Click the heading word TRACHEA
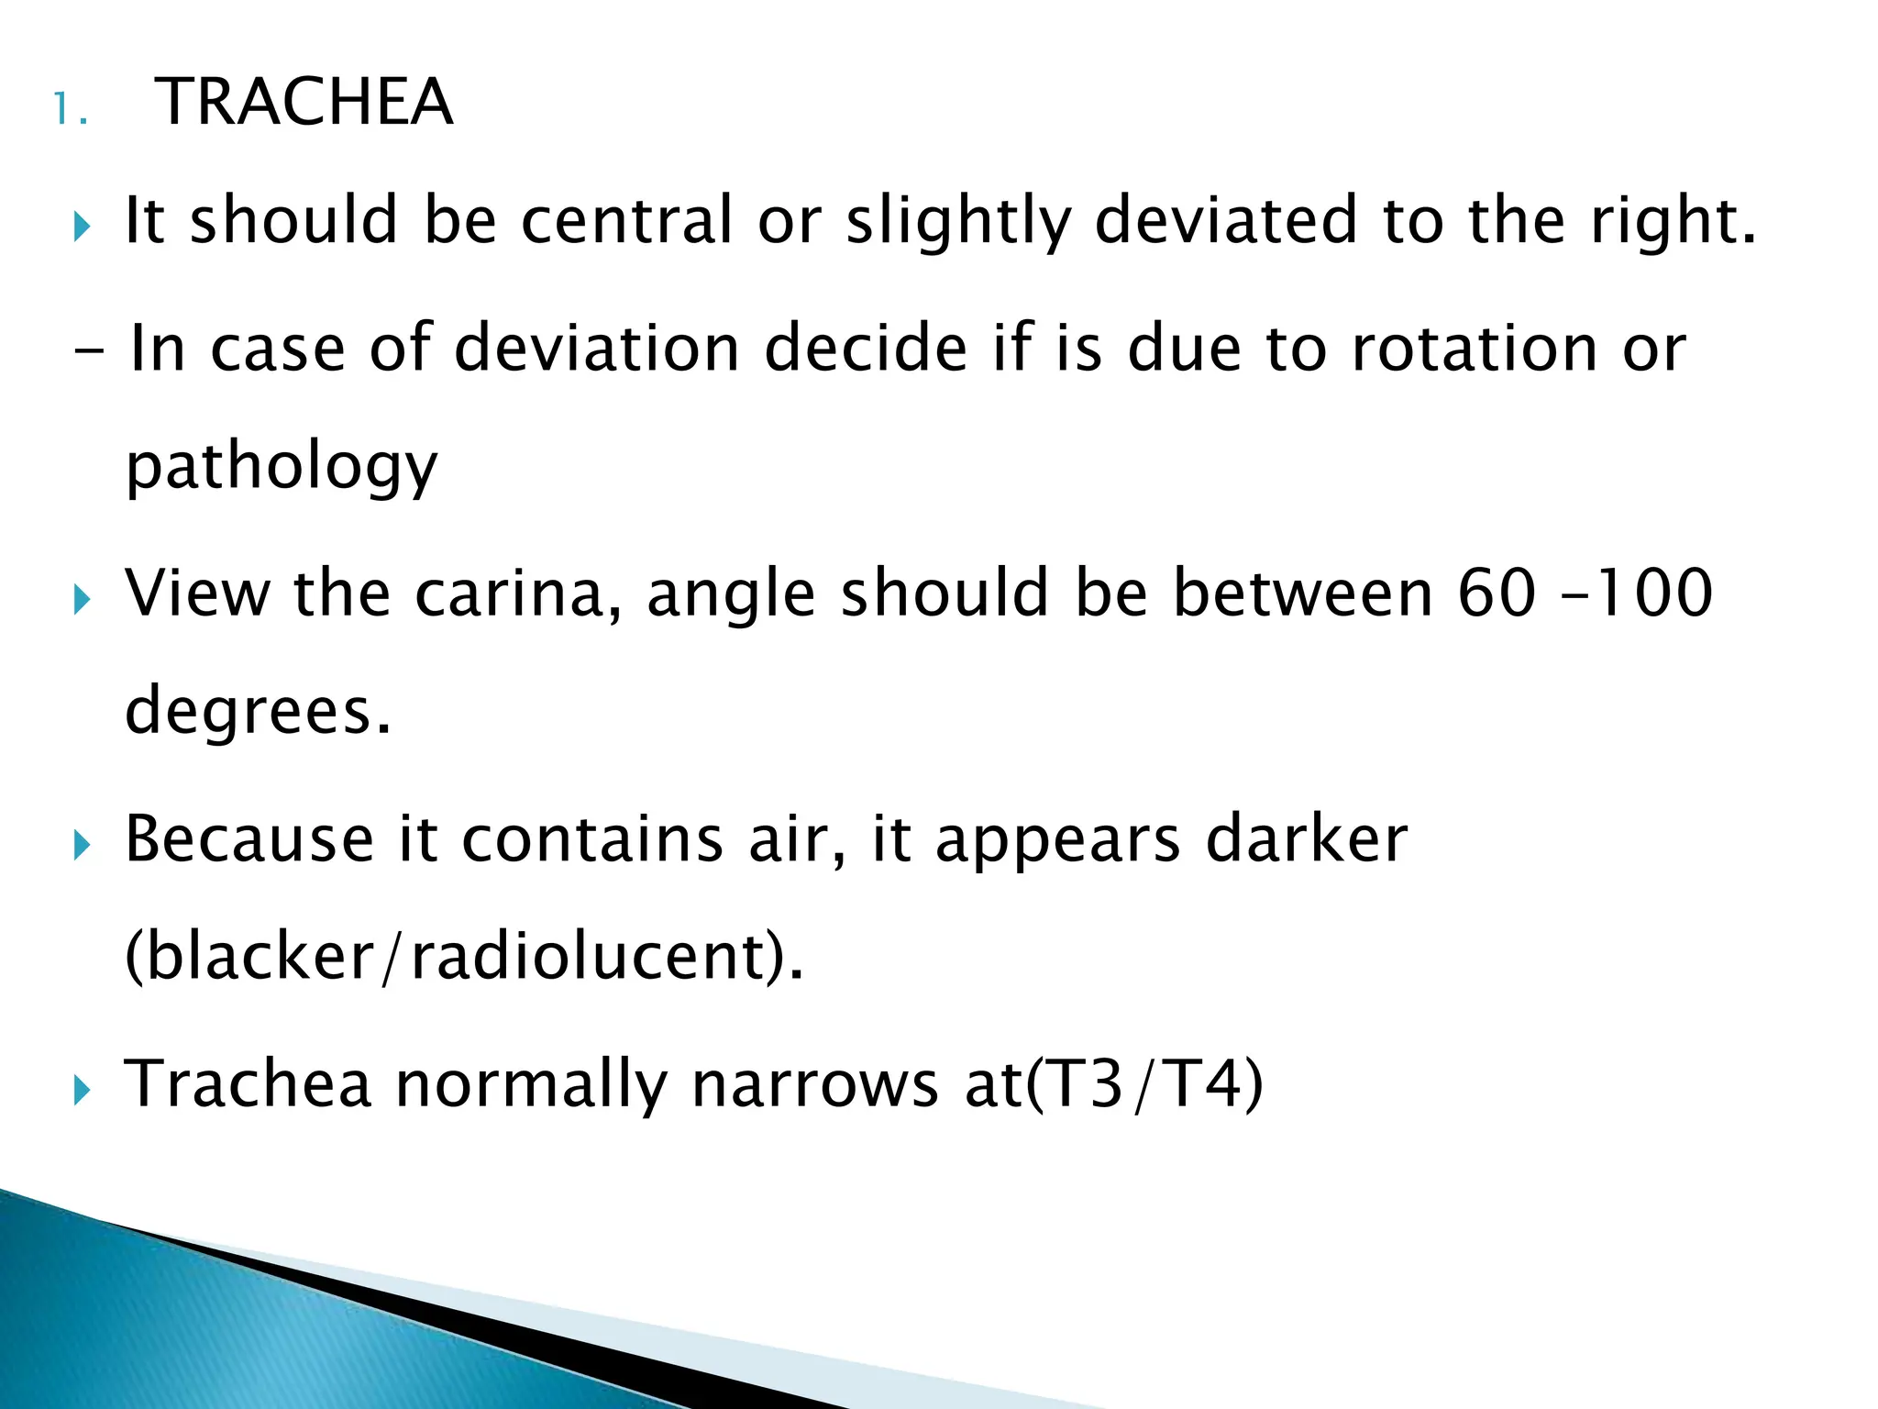(304, 102)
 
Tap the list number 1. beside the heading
(70, 110)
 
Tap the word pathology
(282, 468)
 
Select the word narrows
(815, 1084)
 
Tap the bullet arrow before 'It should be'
(83, 225)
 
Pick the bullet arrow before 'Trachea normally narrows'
(83, 1091)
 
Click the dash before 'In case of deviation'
(90, 352)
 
